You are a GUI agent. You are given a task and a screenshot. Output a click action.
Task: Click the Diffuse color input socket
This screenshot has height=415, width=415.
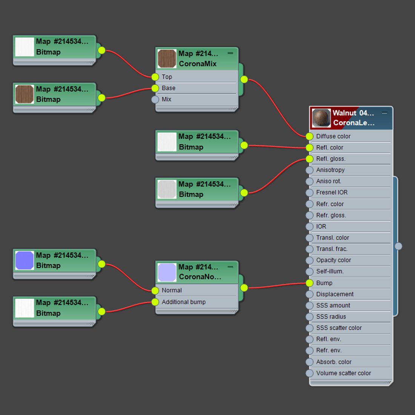[x=309, y=136]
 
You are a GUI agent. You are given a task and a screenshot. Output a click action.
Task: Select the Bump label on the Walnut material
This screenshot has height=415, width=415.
[x=324, y=283]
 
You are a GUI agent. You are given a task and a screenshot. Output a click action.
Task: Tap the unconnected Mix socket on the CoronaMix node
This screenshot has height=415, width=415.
[x=155, y=100]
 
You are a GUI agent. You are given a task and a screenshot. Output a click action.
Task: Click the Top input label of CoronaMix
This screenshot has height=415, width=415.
[x=167, y=77]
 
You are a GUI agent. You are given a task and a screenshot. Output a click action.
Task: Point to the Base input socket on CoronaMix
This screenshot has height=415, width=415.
[x=155, y=88]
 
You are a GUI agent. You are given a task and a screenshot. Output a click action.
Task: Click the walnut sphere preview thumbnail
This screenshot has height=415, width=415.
[x=321, y=118]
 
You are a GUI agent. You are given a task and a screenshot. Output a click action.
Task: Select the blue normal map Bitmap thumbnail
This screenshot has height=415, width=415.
[x=25, y=260]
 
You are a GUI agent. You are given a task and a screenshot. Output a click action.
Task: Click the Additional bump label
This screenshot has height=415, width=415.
[x=183, y=302]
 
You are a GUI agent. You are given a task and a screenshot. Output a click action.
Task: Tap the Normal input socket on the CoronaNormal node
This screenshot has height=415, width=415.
[x=155, y=290]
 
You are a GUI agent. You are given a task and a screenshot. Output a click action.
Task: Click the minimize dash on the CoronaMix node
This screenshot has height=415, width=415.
[x=230, y=53]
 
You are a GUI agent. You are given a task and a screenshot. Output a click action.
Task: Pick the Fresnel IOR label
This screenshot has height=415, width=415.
[x=332, y=192]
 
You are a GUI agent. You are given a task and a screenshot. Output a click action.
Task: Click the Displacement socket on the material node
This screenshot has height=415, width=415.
[x=309, y=294]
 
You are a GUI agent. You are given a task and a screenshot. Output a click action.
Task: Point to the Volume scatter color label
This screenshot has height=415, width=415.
[x=343, y=373]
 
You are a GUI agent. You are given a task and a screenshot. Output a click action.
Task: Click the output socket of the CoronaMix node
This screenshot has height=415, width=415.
[x=244, y=79]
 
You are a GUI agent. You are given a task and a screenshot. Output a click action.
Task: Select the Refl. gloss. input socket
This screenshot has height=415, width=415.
[x=309, y=159]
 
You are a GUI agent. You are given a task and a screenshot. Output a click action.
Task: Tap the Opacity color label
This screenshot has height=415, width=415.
[x=334, y=260]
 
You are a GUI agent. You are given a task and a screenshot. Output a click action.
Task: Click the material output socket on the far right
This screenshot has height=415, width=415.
[x=398, y=246]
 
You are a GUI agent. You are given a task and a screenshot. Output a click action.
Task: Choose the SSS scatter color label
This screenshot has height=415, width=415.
[x=339, y=328]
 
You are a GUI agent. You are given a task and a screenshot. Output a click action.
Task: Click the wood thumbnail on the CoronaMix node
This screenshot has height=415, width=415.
[x=167, y=58]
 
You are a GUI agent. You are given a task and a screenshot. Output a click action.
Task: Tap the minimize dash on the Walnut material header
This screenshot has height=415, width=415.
[x=384, y=113]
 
